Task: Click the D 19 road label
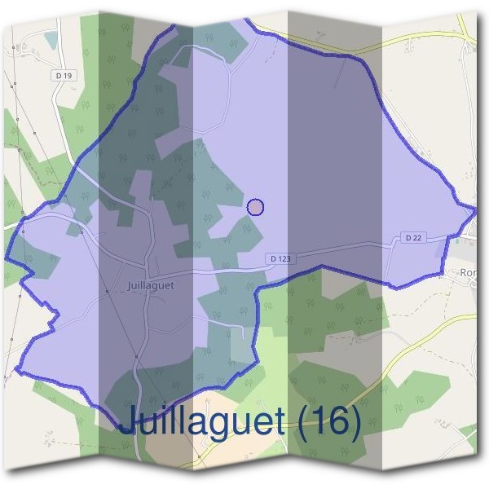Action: pos(65,76)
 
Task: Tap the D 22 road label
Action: pos(413,237)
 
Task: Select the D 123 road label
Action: pos(279,258)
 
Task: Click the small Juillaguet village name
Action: pos(151,286)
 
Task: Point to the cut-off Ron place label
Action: pos(469,273)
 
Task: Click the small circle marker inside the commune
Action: pos(255,207)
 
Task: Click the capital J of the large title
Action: pos(128,421)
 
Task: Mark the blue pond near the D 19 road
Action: pos(51,38)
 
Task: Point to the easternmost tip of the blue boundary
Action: pos(476,209)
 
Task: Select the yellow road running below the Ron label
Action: pos(440,326)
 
